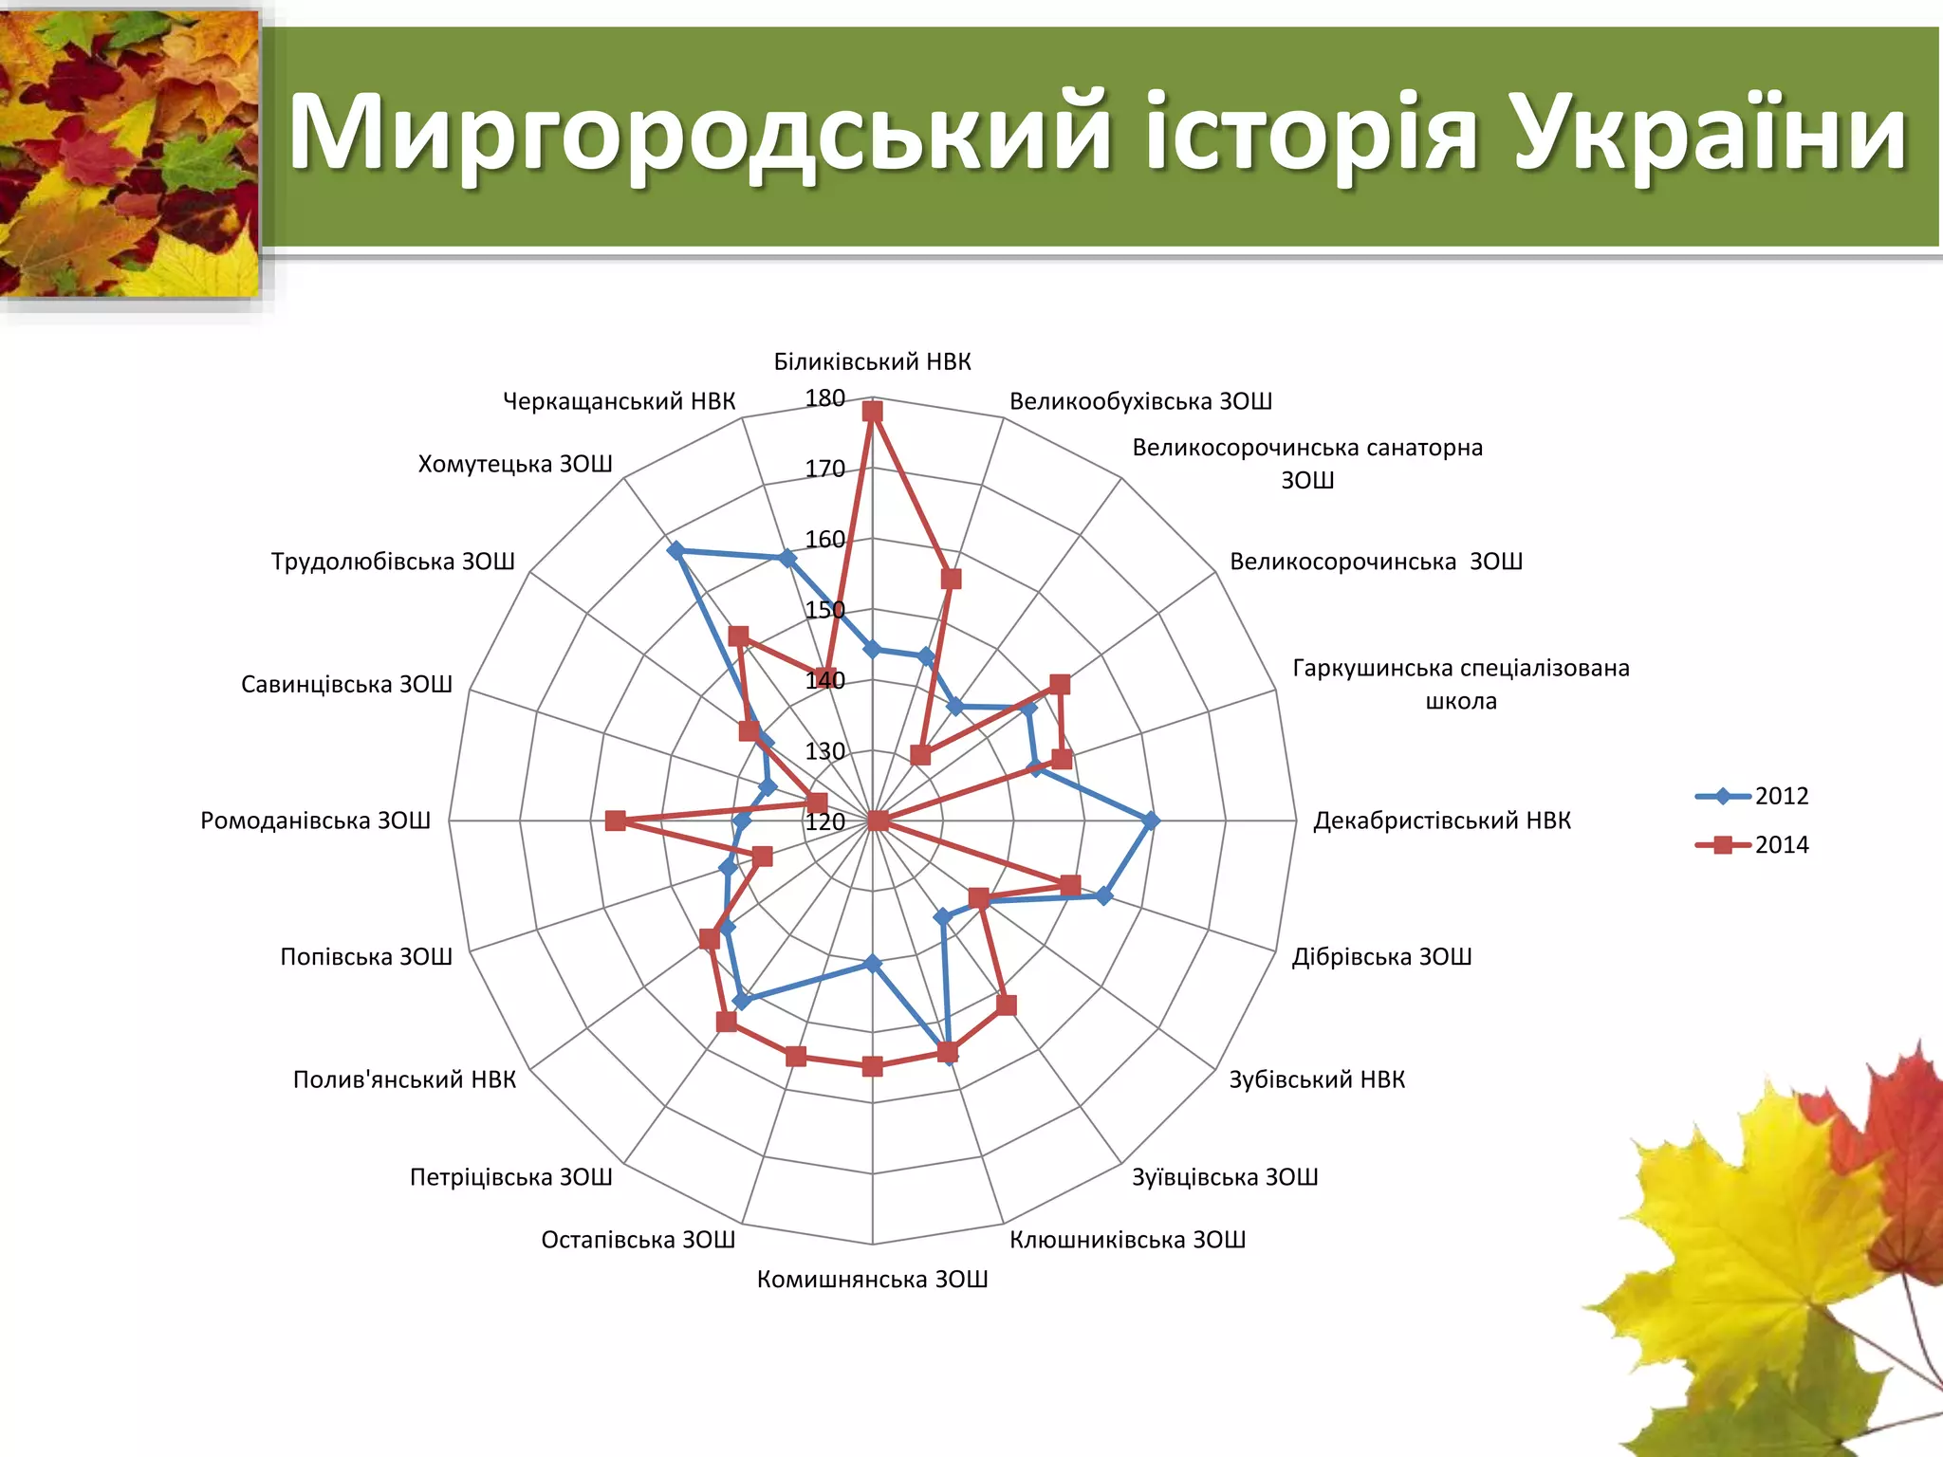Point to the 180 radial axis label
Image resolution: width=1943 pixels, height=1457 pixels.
coord(824,398)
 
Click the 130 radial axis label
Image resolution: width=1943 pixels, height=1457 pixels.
coord(824,751)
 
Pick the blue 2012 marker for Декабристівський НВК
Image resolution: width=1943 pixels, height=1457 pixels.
coord(1151,821)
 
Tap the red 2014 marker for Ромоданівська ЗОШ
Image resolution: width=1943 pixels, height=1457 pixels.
coord(615,821)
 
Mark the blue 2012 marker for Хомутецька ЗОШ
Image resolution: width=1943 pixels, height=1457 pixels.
coord(675,550)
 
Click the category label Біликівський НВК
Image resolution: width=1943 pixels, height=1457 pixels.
coord(873,361)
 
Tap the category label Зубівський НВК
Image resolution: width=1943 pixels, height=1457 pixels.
coord(1317,1079)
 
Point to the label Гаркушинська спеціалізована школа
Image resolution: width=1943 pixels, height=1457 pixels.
coord(1461,684)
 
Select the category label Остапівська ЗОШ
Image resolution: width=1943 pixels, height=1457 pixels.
coord(638,1240)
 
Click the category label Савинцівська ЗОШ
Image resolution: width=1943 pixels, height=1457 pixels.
coord(346,684)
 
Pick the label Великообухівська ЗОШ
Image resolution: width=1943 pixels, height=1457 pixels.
coord(1140,401)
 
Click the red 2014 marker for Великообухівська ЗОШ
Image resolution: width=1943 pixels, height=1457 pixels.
coord(951,579)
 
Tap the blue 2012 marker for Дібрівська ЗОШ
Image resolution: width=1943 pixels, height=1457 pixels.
coord(1103,894)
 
